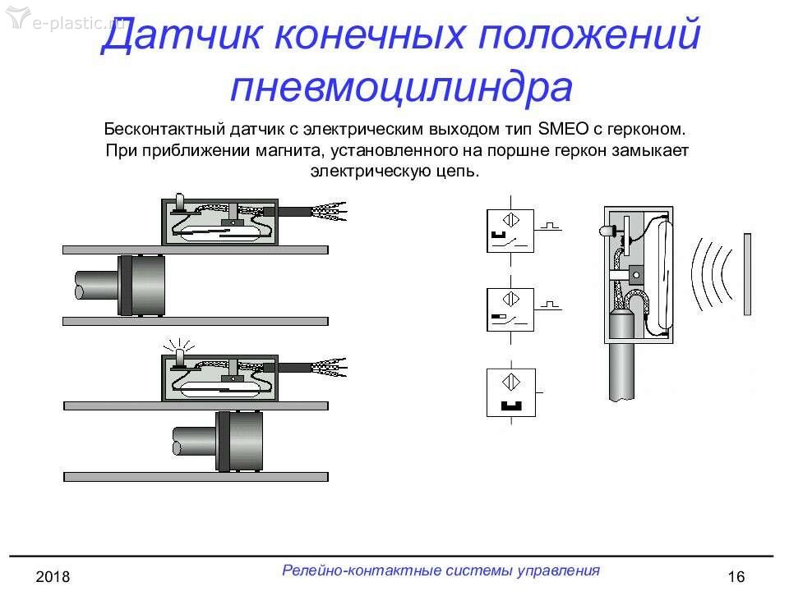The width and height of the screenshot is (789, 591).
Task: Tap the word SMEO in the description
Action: point(563,129)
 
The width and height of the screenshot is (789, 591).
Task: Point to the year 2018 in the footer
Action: point(53,576)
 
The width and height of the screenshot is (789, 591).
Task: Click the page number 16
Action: point(736,576)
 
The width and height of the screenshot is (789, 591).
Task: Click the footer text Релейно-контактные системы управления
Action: point(441,570)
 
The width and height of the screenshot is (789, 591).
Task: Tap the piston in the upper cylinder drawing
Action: point(141,285)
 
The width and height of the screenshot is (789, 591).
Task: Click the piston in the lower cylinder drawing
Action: point(239,441)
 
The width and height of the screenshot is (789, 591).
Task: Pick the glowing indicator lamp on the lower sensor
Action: point(180,356)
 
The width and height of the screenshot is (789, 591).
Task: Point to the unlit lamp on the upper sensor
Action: point(180,203)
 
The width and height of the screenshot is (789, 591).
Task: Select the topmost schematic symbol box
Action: point(510,231)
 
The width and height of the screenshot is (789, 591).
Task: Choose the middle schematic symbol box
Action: point(510,309)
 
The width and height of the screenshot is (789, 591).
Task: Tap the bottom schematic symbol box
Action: point(510,392)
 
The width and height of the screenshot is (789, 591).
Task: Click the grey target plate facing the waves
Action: point(747,274)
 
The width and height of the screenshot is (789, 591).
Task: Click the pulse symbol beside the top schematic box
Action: point(550,227)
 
